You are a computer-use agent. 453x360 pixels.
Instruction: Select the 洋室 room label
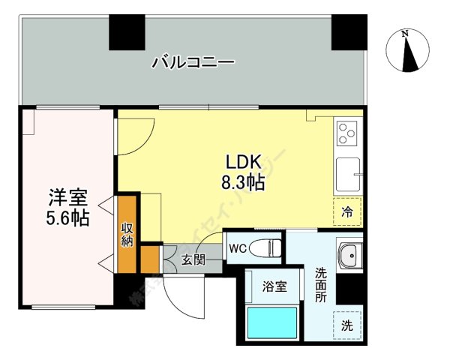68,199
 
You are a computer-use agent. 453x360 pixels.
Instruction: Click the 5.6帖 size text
68,219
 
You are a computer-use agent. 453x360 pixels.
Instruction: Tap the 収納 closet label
127,234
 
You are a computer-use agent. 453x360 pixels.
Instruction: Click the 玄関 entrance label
193,260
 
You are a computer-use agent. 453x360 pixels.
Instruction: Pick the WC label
238,247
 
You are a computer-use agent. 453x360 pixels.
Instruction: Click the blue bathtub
272,323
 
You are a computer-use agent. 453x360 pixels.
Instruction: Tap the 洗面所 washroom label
321,285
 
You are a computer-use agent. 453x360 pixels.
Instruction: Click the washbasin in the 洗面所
348,256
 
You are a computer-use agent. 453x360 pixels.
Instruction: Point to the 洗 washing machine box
347,325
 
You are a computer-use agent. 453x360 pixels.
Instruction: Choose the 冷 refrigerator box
347,211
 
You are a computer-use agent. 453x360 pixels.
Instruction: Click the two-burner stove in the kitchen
348,134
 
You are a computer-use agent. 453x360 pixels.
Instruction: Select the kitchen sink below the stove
348,175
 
